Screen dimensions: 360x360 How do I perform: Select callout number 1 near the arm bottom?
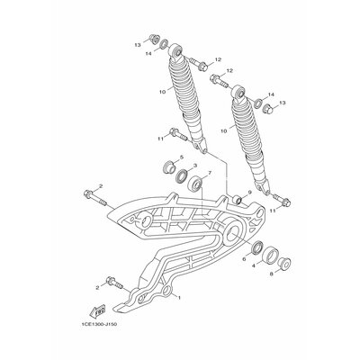pyautogui.click(x=179, y=298)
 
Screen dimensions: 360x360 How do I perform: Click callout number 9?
pyautogui.click(x=249, y=192)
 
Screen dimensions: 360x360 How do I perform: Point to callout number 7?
pyautogui.click(x=210, y=173)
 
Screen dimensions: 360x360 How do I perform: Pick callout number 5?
pyautogui.click(x=181, y=157)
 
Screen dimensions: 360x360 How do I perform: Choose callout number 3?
pyautogui.click(x=194, y=166)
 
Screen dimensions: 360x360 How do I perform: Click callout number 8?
pyautogui.click(x=272, y=274)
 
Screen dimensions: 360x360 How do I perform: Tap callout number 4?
pyautogui.click(x=254, y=266)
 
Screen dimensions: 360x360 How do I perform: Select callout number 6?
pyautogui.click(x=244, y=259)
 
